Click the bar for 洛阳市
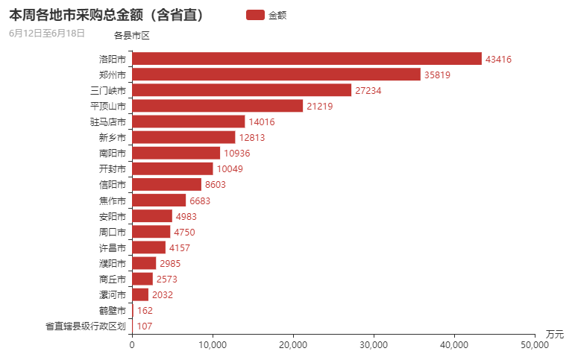point(307,59)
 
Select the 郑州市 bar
point(276,75)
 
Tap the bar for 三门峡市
point(242,90)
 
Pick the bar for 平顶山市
point(217,106)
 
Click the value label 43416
point(498,59)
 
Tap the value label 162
point(145,310)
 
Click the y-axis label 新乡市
point(112,137)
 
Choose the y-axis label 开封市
point(112,168)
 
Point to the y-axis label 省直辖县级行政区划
point(85,326)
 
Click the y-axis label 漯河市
point(112,294)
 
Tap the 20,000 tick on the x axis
point(293,345)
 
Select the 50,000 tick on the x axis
point(535,345)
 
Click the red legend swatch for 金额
point(254,15)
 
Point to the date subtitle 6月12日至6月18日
point(47,33)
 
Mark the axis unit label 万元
point(555,333)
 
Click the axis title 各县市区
point(131,34)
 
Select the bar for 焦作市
point(159,200)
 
